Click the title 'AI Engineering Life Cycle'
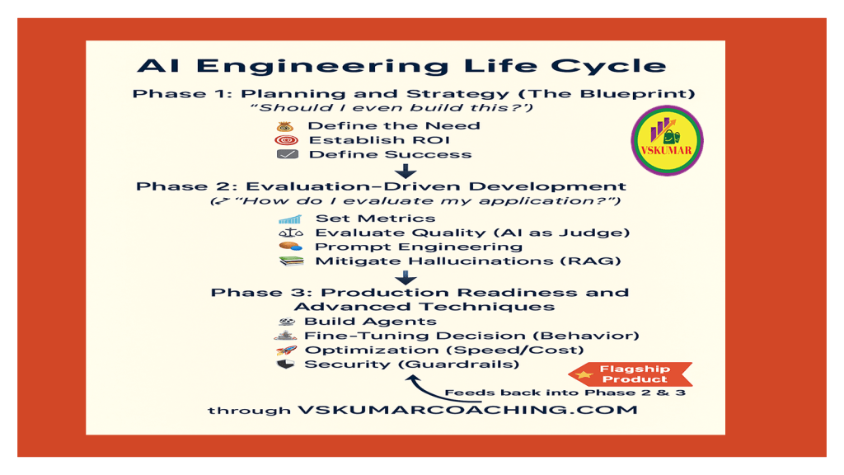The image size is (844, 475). [x=401, y=66]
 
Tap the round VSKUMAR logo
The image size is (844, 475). [x=666, y=141]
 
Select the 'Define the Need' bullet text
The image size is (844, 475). [x=393, y=126]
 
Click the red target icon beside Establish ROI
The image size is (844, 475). [x=286, y=140]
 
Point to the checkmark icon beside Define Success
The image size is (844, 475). [x=287, y=154]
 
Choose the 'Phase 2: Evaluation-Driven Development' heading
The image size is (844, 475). [x=381, y=186]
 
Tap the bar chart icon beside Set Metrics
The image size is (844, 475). [x=290, y=219]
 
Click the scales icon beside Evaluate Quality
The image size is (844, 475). [x=290, y=233]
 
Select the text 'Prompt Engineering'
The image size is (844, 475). [x=418, y=247]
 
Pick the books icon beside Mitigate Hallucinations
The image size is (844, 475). [x=290, y=261]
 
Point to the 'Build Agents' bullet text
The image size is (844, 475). [x=370, y=322]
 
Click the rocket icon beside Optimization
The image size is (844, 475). [x=285, y=350]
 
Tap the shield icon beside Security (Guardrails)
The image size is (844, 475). [x=285, y=364]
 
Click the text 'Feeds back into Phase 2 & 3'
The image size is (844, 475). [x=565, y=393]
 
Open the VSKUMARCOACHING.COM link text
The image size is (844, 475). [x=467, y=410]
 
